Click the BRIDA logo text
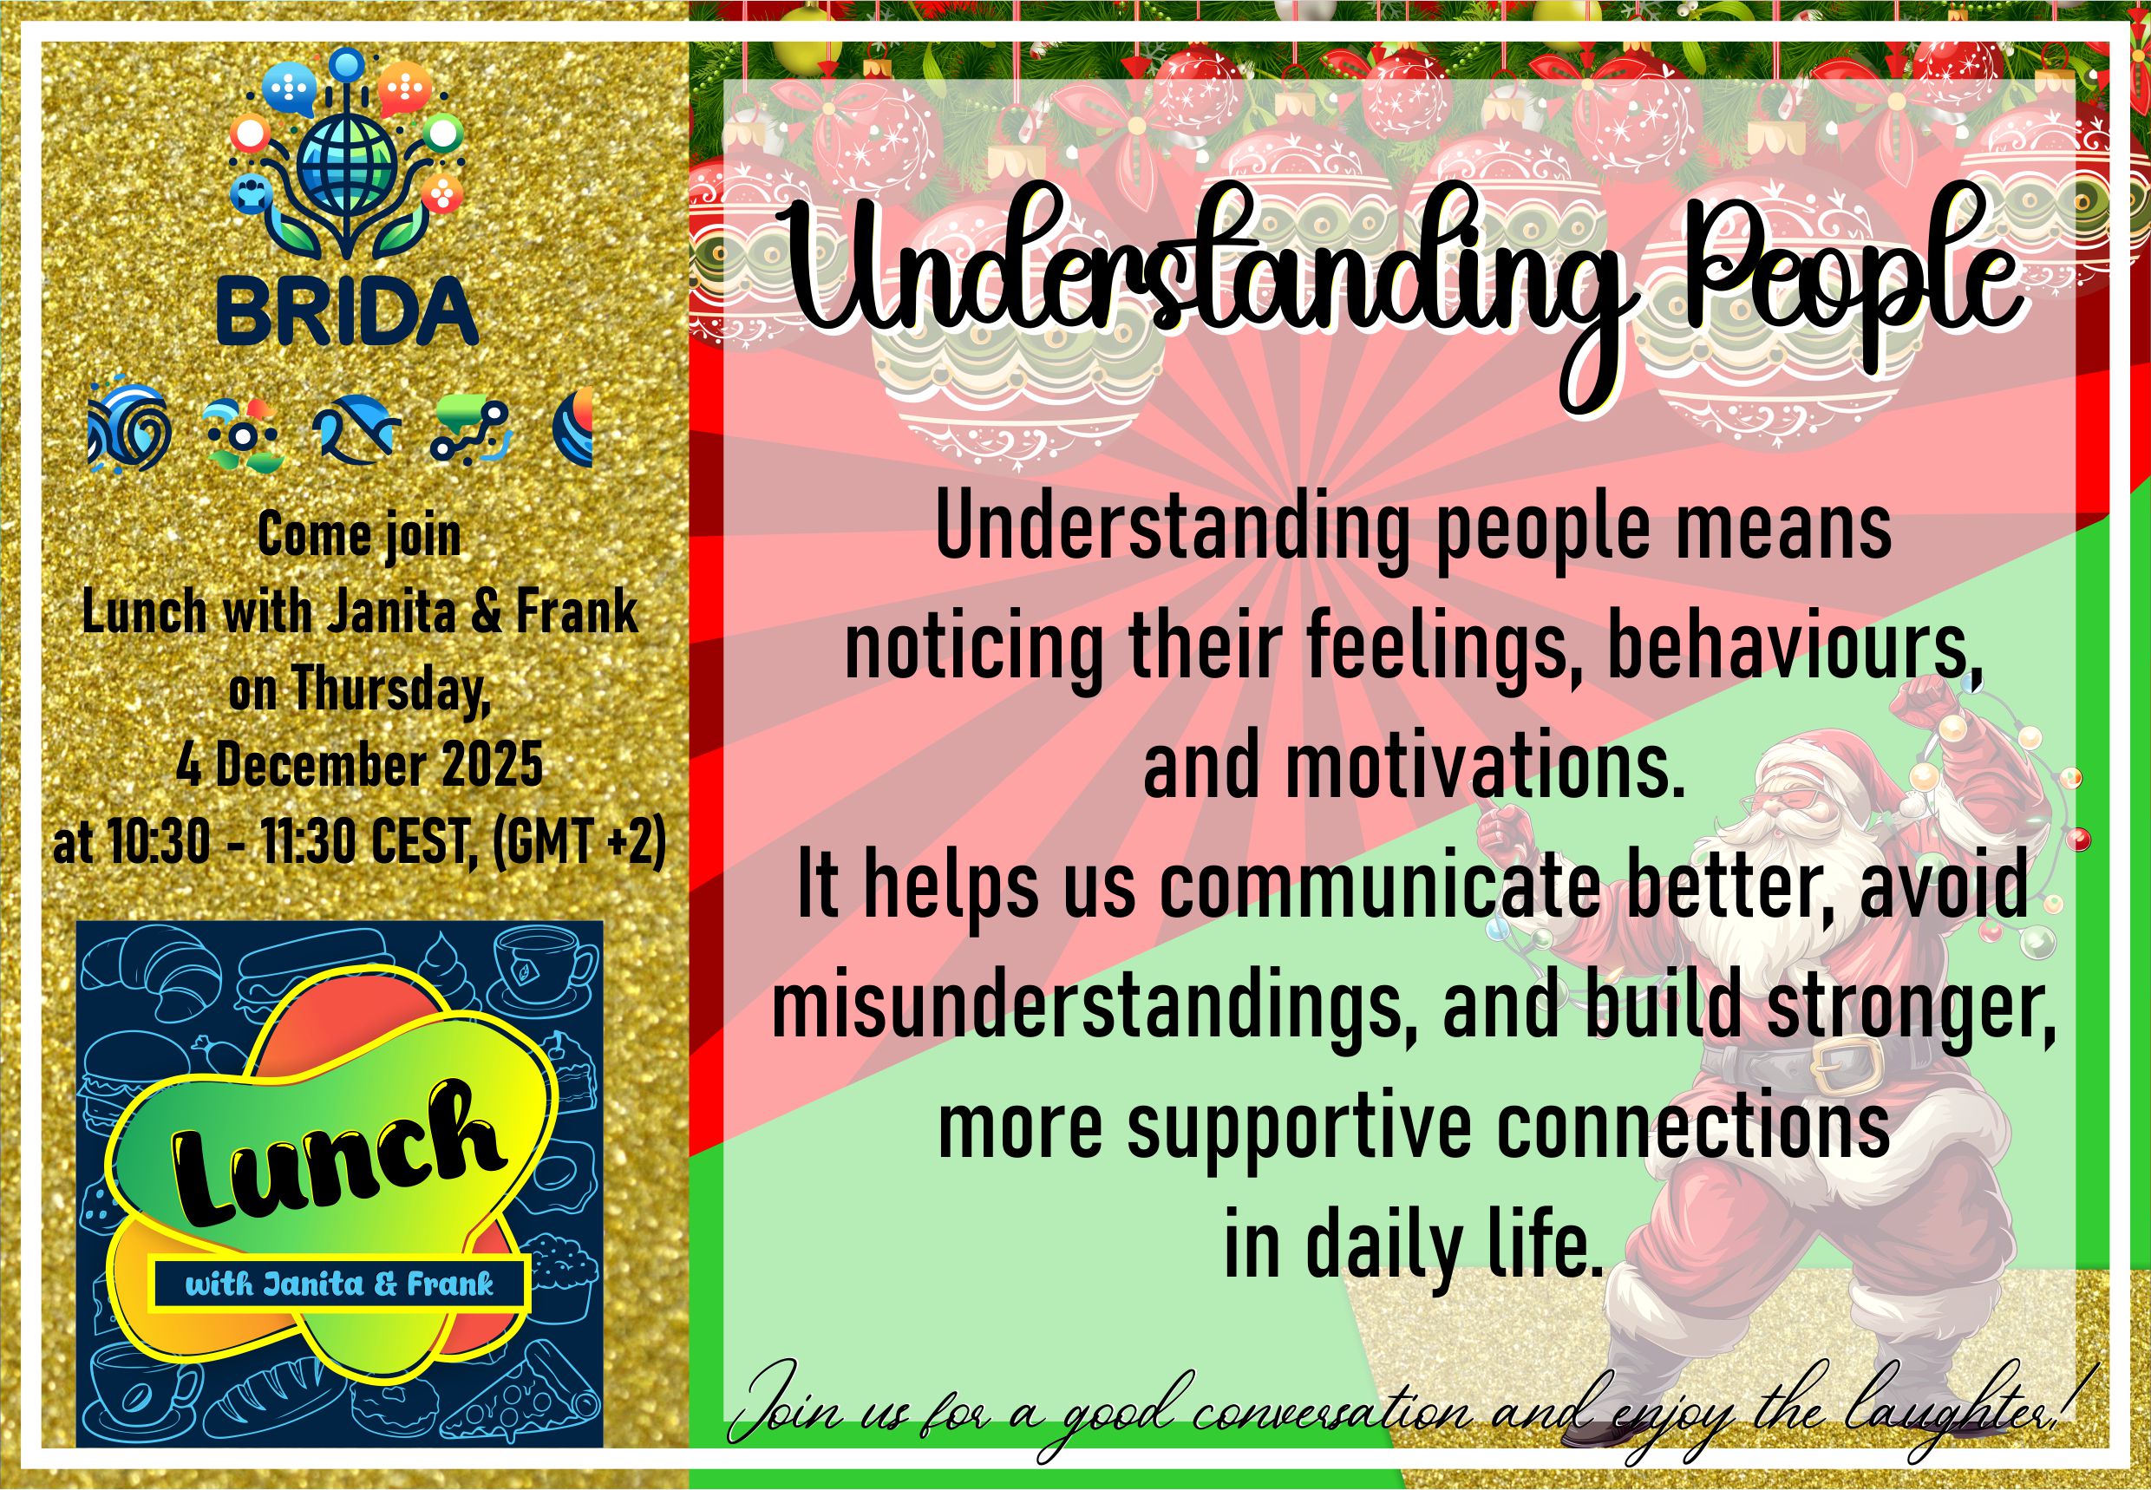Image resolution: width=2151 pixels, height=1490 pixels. coord(347,310)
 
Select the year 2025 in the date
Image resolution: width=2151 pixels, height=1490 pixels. coord(491,765)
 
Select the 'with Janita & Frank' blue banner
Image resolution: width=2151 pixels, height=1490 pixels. coord(340,1284)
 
